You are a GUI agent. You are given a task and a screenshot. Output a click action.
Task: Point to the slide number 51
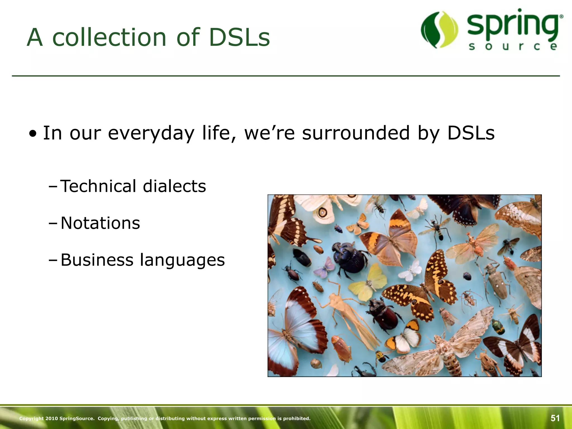coord(555,418)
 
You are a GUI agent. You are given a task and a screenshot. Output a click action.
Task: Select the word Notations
coord(100,223)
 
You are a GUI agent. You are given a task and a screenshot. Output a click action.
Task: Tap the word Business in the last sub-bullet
coord(97,260)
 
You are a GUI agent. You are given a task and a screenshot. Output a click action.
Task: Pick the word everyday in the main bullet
coord(151,134)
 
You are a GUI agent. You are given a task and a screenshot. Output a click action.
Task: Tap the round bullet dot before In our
coord(33,134)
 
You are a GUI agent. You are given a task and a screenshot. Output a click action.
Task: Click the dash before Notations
coord(53,223)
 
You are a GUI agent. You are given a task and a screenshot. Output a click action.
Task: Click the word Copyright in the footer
coord(31,418)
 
